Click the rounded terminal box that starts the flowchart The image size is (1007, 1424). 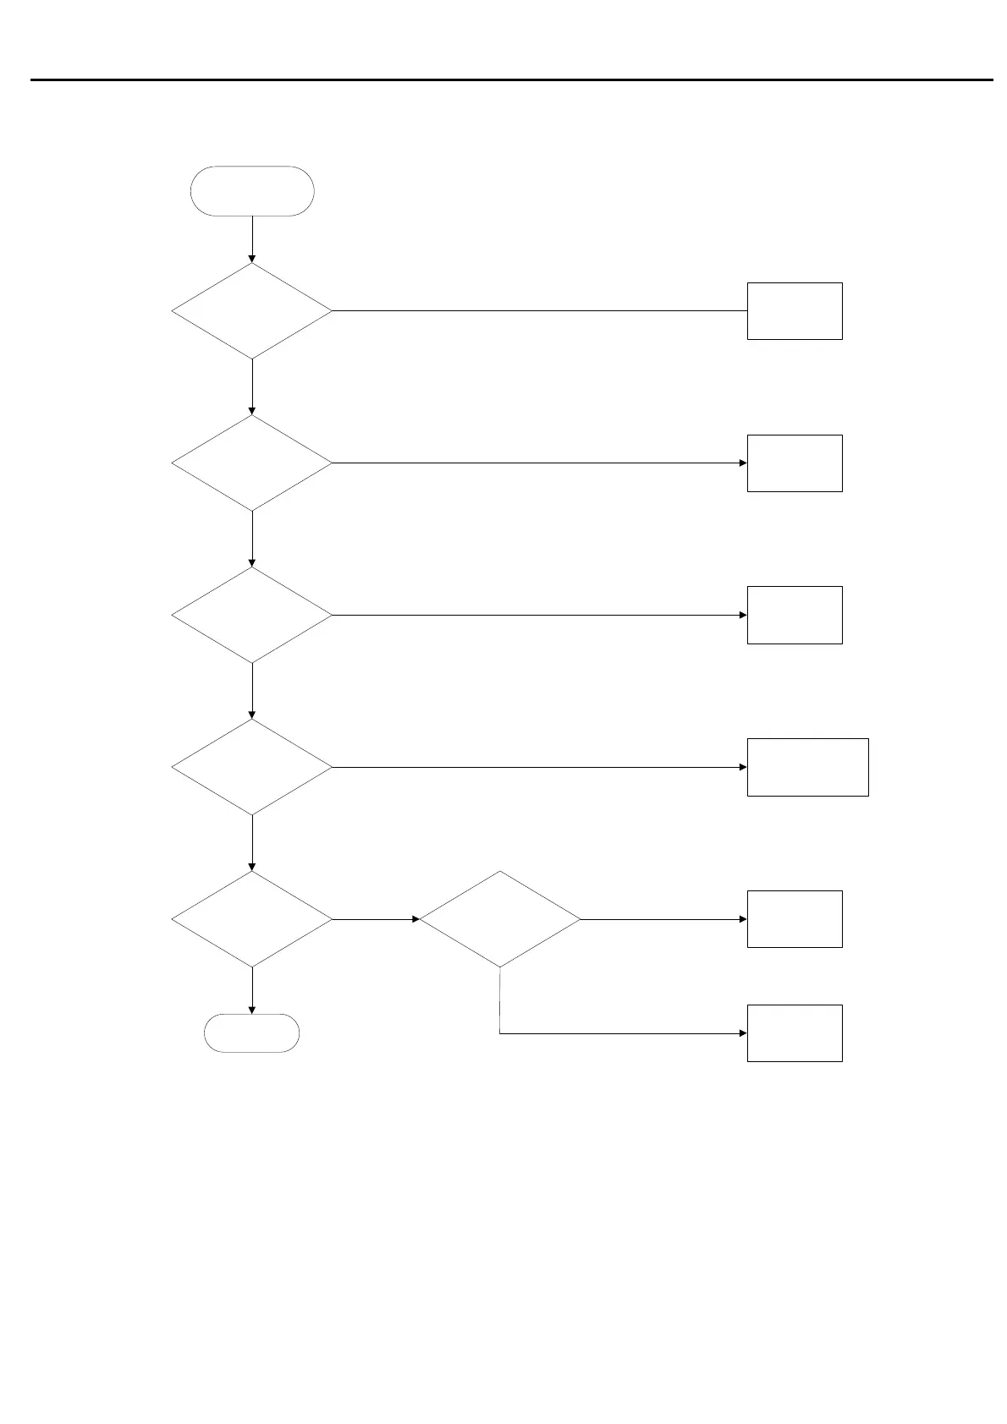(252, 191)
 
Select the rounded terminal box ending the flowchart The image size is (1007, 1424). (252, 1032)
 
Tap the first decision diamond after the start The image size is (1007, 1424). (252, 311)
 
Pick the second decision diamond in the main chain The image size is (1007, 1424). (252, 463)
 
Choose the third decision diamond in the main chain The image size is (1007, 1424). (252, 615)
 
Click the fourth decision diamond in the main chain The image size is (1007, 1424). (252, 767)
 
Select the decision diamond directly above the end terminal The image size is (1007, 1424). (252, 919)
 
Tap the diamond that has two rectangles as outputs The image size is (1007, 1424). (500, 919)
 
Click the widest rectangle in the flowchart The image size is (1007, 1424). (807, 767)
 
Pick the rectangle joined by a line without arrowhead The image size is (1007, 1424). (795, 311)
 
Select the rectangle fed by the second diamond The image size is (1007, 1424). (795, 463)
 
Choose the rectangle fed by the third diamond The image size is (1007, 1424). (795, 615)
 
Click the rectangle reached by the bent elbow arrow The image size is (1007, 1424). (795, 1032)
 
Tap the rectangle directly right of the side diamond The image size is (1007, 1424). (795, 919)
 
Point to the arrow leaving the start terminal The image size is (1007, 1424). (252, 238)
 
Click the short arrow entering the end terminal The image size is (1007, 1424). (252, 990)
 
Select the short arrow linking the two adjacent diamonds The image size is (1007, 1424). (376, 919)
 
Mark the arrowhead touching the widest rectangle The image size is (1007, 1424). (743, 767)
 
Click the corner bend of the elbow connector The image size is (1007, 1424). (500, 1032)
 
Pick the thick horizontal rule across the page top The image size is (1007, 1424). (511, 80)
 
